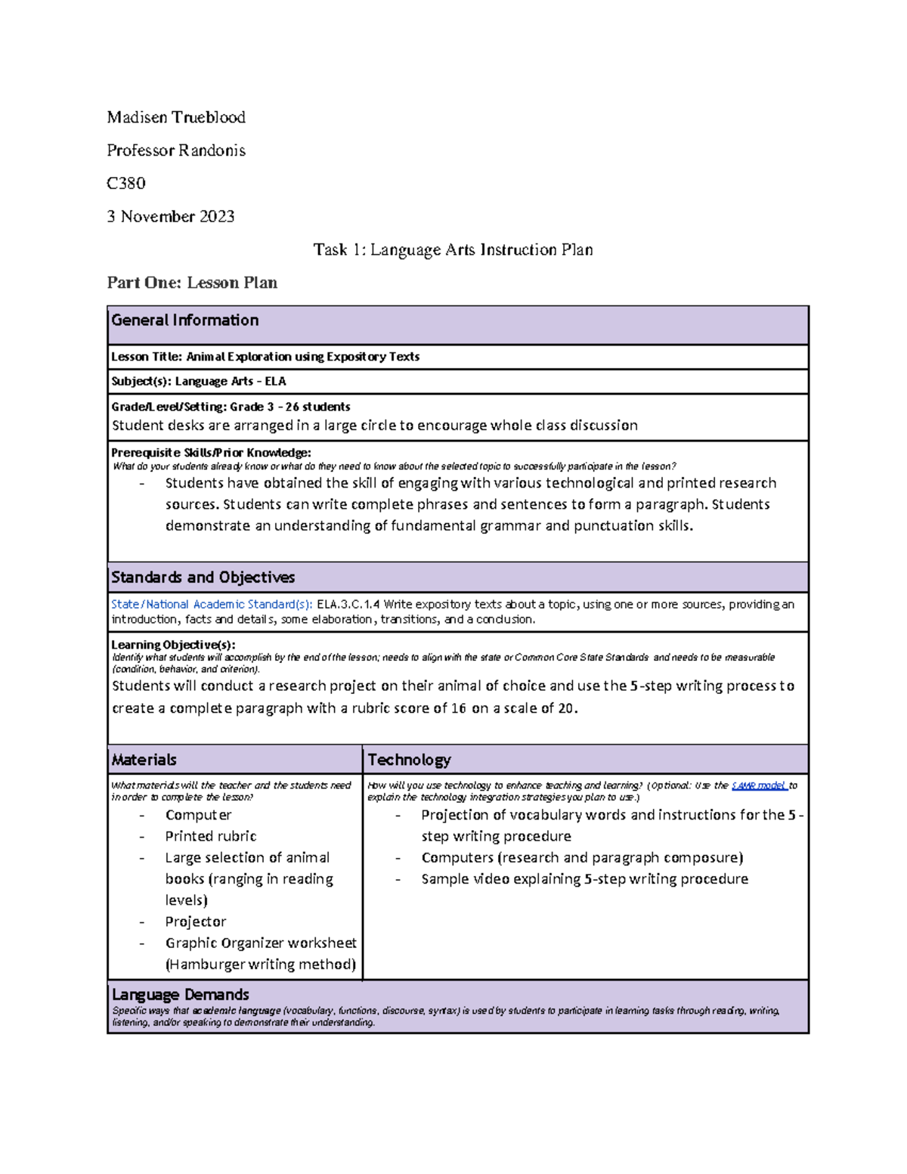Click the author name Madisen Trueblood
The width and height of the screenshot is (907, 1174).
tap(176, 117)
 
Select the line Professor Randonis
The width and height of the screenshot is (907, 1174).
tap(176, 150)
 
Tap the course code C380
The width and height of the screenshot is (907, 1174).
tap(126, 183)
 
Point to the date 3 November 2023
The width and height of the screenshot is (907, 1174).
tap(171, 216)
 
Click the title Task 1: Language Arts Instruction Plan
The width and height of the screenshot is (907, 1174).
tap(453, 249)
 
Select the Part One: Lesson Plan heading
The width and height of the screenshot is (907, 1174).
tap(192, 283)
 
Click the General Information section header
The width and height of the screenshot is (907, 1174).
tap(185, 321)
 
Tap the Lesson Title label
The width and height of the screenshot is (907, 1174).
tap(147, 357)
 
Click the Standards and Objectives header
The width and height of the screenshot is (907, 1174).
tap(203, 578)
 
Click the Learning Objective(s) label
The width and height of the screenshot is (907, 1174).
tap(173, 645)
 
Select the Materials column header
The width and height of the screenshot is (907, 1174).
tap(144, 760)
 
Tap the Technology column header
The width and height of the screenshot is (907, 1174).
tap(409, 760)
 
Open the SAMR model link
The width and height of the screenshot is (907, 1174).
tap(760, 786)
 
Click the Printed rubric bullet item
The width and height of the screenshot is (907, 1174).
tap(211, 836)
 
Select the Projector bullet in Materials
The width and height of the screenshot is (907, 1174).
tap(196, 922)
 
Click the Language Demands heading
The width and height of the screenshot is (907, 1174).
tap(181, 995)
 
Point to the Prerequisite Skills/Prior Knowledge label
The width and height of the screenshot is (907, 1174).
tap(211, 453)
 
